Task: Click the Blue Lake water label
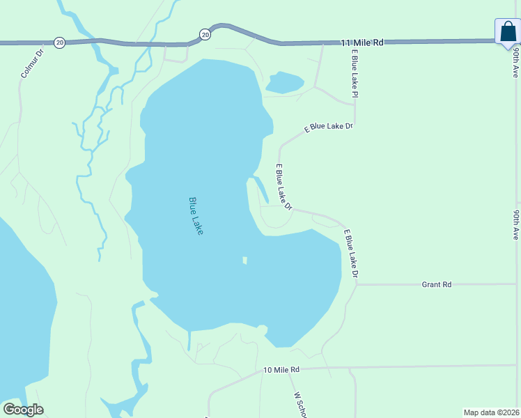[x=196, y=215]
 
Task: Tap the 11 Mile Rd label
[x=363, y=42]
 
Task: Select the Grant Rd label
[x=437, y=284]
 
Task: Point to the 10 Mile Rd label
[x=281, y=369]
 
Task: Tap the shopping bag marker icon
[x=508, y=32]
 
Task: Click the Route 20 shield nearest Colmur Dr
[x=60, y=42]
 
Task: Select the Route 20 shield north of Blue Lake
[x=204, y=33]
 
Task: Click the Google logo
[x=23, y=410]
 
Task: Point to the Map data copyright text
[x=491, y=412]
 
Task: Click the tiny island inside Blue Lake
[x=244, y=261]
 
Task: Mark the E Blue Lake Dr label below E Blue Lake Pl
[x=329, y=127]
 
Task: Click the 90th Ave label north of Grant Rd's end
[x=516, y=224]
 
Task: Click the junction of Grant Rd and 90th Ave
[x=515, y=284]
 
